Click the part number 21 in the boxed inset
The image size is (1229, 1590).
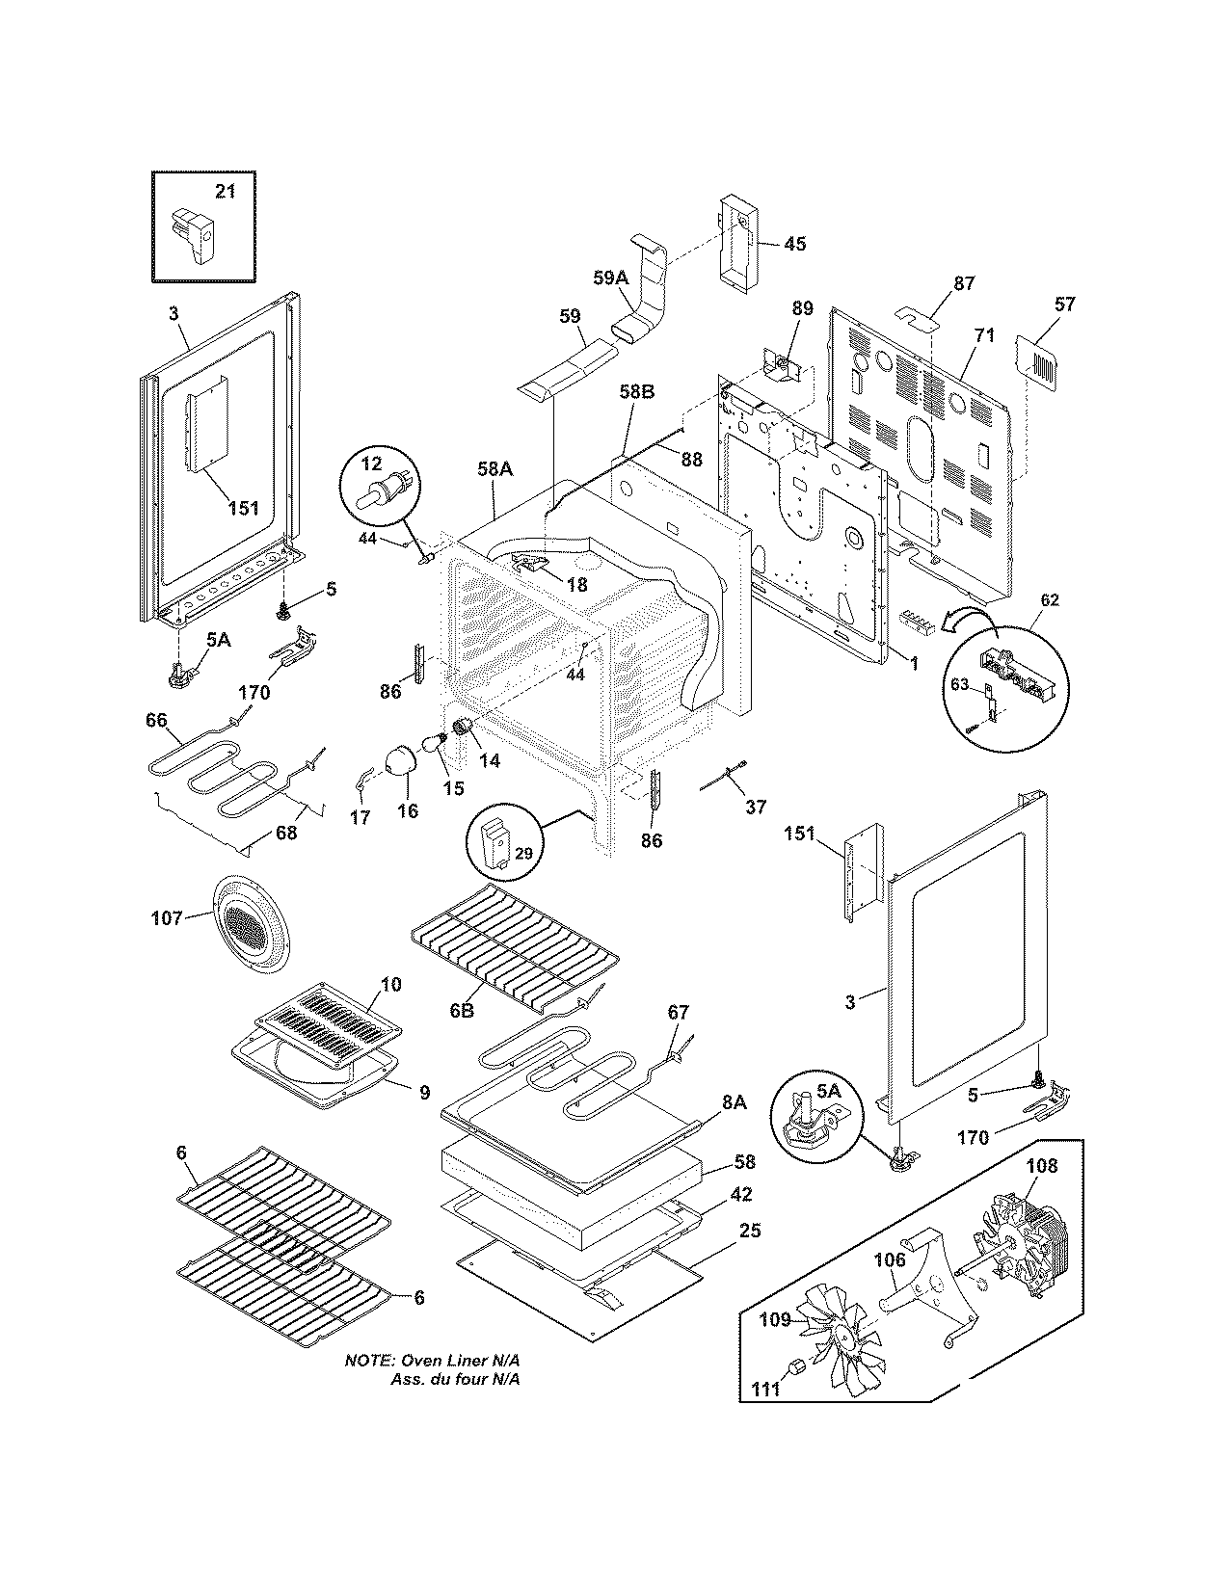coord(225,192)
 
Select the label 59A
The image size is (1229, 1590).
coord(610,278)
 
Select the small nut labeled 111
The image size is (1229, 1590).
coord(796,1365)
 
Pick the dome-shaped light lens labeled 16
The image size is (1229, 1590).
coord(396,761)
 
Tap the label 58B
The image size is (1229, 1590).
coord(637,392)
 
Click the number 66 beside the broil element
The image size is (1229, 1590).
coord(156,720)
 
